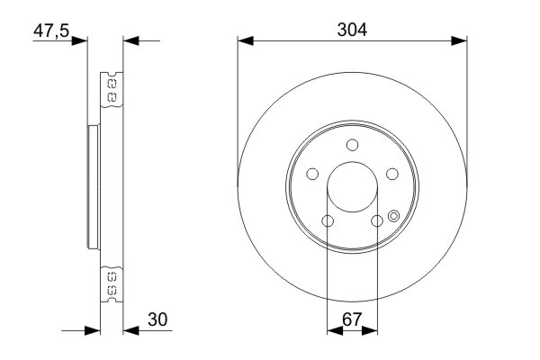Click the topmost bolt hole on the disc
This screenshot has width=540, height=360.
click(352, 145)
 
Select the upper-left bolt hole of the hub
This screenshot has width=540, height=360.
click(312, 175)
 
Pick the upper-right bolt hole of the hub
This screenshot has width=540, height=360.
click(392, 175)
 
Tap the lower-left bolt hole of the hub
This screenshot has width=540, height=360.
click(328, 221)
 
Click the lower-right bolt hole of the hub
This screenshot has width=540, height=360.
click(377, 221)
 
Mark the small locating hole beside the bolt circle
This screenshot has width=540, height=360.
click(394, 214)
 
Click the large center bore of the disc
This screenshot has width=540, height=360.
click(352, 188)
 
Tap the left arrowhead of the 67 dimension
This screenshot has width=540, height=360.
click(333, 331)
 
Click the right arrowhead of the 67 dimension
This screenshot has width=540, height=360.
click(371, 331)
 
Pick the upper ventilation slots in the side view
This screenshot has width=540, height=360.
click(112, 89)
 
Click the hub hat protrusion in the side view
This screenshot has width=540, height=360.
click(90, 188)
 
